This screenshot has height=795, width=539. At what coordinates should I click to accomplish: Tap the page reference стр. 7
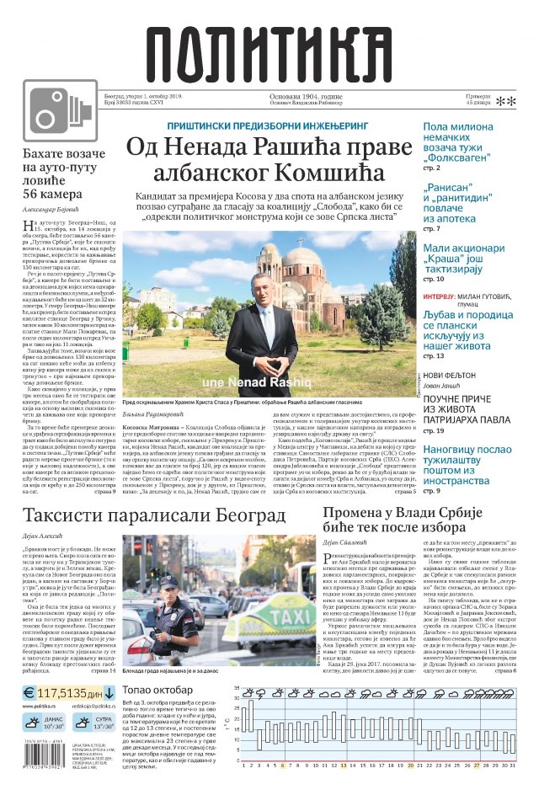point(431,229)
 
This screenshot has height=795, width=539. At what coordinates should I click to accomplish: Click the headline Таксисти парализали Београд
point(154,515)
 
